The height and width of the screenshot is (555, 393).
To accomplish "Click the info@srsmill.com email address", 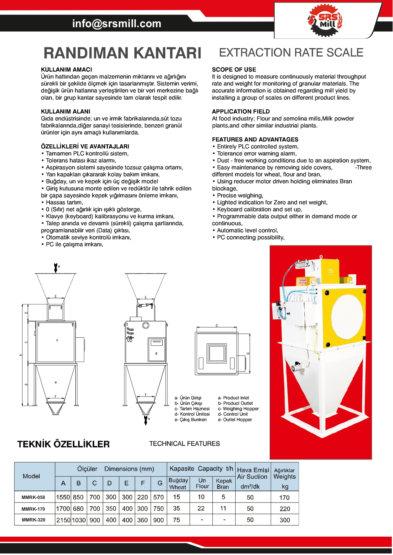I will pos(117,24).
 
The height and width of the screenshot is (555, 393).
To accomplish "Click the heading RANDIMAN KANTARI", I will pos(122,53).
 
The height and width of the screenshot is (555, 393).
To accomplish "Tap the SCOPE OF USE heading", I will pos(234,70).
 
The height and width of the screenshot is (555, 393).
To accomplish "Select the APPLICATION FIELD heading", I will pos(241,111).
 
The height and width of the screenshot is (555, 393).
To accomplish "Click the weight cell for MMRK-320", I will pos(285,520).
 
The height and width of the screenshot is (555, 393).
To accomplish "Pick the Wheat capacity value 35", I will pos(176,508).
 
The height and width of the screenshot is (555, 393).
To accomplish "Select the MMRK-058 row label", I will pos(33,497).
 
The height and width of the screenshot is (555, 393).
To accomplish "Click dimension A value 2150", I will pos(63,520).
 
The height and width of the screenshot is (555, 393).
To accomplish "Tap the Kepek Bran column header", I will pos(224,483).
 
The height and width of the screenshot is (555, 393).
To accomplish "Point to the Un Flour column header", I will pos(202,483).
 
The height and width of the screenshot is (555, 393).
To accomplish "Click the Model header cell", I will pos(31,476).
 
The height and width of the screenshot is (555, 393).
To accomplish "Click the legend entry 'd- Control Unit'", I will pos(233,414).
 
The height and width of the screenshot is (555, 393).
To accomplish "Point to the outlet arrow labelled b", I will pos(146,420).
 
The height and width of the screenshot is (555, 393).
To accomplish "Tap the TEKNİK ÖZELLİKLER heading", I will pos(63,444).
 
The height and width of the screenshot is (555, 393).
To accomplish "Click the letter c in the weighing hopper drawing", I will pos(57,340).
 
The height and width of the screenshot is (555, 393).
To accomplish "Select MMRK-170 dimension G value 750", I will pos(158,508).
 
